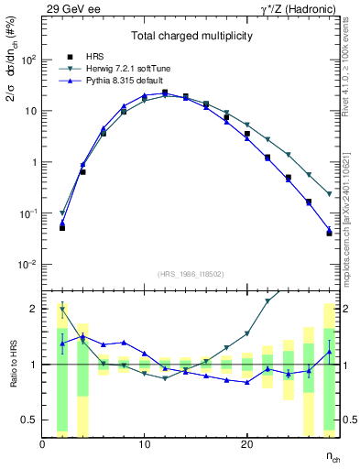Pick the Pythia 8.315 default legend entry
[x=112, y=82]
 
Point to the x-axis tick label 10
[x=144, y=444]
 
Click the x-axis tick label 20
[x=246, y=444]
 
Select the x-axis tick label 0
[x=43, y=444]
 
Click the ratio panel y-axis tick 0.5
[x=29, y=420]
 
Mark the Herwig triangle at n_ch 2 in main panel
[x=62, y=213]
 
